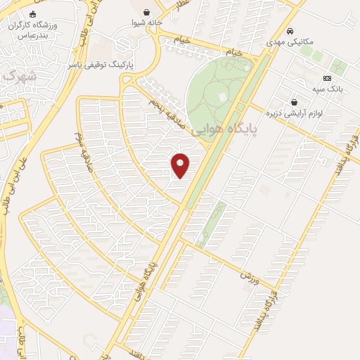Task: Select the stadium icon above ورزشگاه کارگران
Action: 32,13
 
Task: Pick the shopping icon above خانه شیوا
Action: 146,12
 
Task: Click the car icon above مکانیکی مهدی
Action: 290,32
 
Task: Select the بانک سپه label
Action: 327,89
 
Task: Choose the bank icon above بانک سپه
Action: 327,78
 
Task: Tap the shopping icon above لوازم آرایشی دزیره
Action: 293,102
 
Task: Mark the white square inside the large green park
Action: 222,96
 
